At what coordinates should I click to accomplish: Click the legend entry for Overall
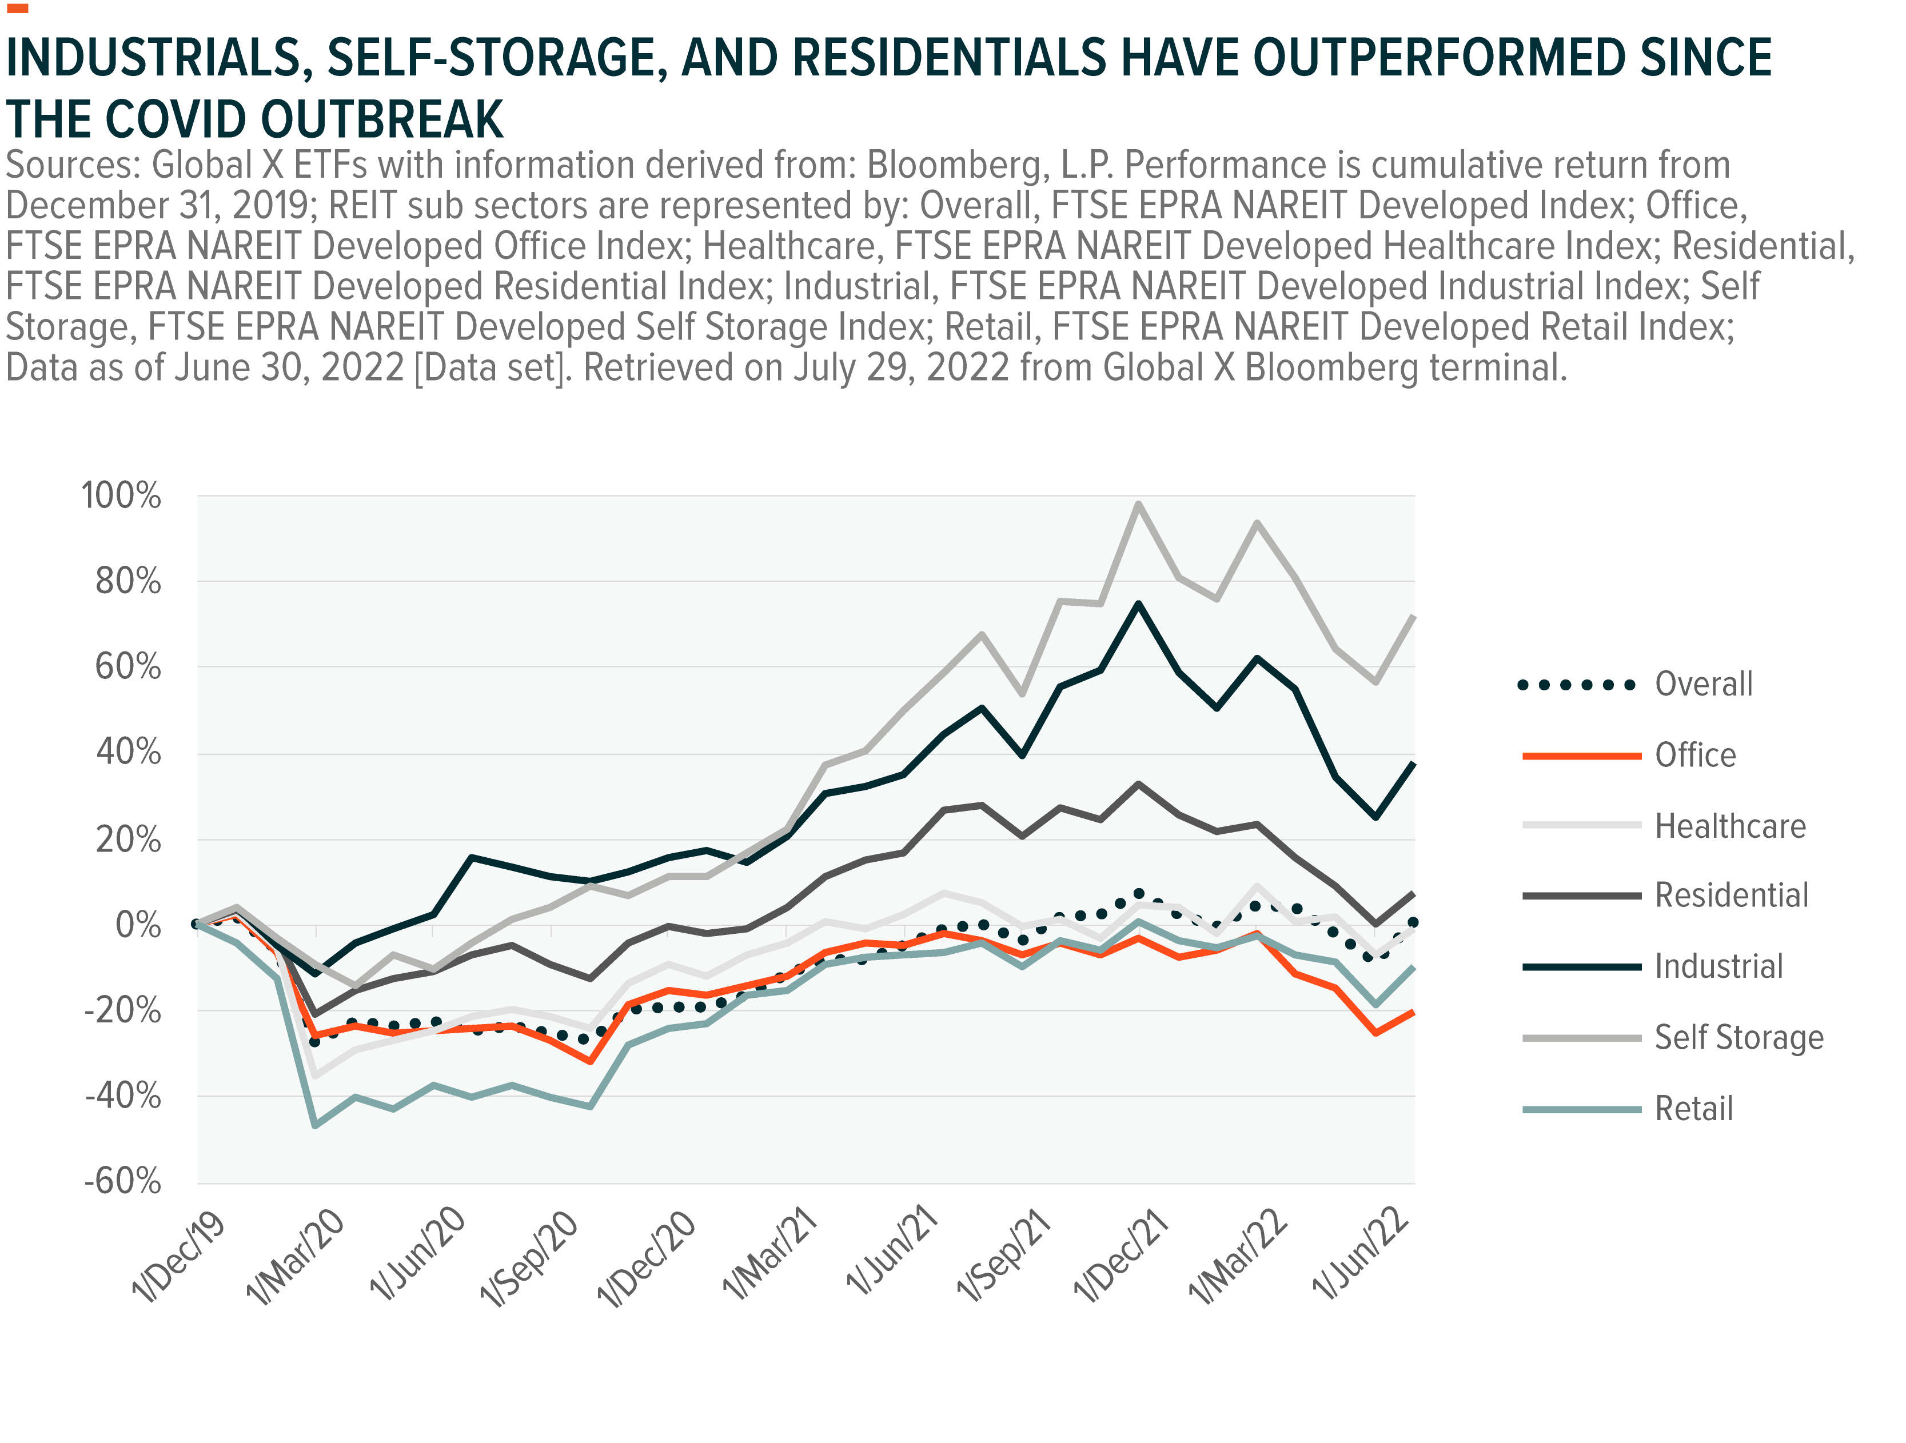point(1702,684)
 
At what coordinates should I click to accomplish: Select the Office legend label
point(1694,756)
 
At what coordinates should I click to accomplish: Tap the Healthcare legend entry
point(1729,826)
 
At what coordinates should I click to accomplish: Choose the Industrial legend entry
point(1718,966)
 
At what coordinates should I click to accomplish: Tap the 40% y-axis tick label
point(129,753)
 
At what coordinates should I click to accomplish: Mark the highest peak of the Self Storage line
point(1139,504)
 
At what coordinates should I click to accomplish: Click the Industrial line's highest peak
point(1139,604)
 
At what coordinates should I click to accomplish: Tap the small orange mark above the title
point(17,9)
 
